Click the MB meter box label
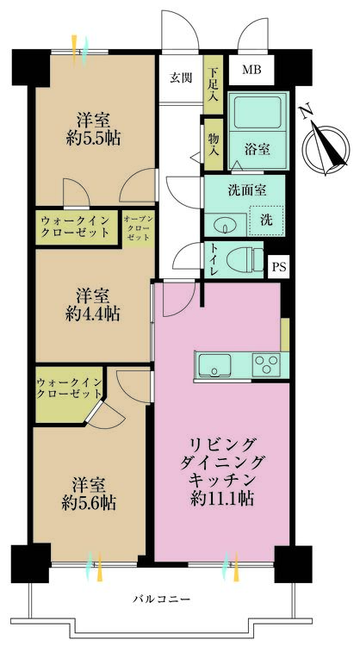(x=251, y=70)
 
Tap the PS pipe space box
(x=279, y=266)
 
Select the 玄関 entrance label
(x=181, y=78)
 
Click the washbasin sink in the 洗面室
(x=226, y=225)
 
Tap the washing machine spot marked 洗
(x=266, y=221)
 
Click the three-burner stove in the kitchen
(x=266, y=364)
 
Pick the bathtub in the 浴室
(x=258, y=112)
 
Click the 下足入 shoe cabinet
(x=214, y=84)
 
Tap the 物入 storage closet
(x=214, y=145)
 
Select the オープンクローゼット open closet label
(x=139, y=228)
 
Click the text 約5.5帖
(x=93, y=140)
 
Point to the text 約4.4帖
(x=93, y=314)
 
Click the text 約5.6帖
(x=89, y=503)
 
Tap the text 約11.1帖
(x=222, y=499)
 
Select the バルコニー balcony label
(x=161, y=599)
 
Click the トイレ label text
(x=214, y=259)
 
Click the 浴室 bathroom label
(x=258, y=149)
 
